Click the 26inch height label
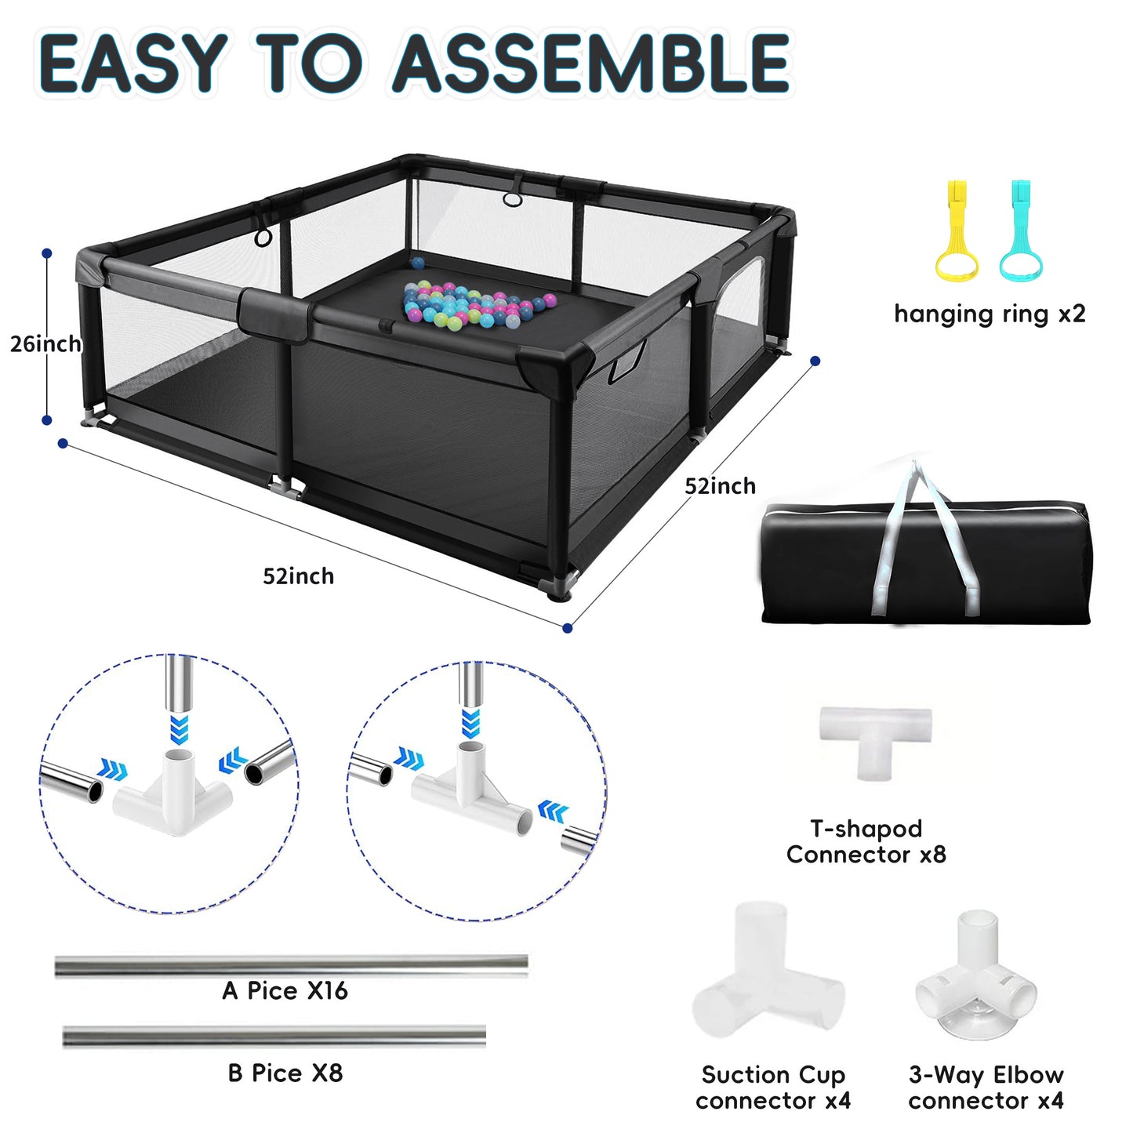(45, 343)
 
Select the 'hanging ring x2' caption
(990, 314)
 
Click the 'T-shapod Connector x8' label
(866, 841)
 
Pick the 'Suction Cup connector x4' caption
(773, 1088)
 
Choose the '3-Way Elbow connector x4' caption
(986, 1088)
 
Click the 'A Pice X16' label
(285, 991)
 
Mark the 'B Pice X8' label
(285, 1073)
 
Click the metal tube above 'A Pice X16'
(291, 966)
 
